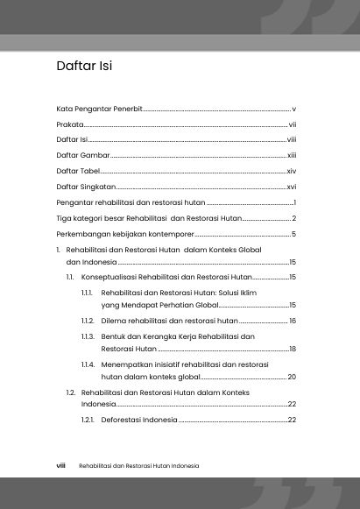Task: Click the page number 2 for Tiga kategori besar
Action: point(295,218)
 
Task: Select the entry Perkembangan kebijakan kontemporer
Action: point(124,234)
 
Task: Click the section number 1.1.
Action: point(70,277)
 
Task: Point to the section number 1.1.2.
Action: point(88,322)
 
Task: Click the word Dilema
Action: point(115,322)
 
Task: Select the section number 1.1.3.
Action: point(88,336)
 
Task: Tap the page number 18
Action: point(293,349)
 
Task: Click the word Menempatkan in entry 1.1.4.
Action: point(127,364)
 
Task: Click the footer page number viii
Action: point(61,466)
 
